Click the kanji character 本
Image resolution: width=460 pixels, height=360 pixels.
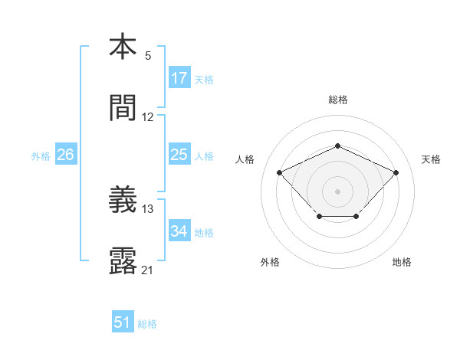tap(123, 47)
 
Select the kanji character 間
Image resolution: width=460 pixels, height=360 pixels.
tap(123, 109)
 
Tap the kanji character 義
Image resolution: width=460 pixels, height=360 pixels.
tap(123, 200)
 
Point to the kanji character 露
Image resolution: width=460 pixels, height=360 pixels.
tap(123, 261)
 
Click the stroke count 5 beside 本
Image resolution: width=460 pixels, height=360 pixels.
tap(147, 56)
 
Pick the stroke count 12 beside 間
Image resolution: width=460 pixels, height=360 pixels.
tap(148, 117)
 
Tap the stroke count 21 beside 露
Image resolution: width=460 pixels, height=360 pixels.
tap(148, 270)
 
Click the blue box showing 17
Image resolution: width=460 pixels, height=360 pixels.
tap(179, 78)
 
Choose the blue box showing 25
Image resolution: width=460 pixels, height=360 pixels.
tap(179, 155)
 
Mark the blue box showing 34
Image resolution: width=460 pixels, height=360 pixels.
tap(179, 231)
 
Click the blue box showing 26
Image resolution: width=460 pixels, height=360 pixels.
tap(65, 155)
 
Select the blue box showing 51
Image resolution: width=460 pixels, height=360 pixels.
tap(123, 322)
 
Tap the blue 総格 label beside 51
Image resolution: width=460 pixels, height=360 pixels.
tap(147, 324)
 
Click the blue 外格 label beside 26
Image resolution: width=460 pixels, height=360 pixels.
tap(41, 156)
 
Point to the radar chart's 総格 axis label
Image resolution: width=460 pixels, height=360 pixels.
tap(337, 100)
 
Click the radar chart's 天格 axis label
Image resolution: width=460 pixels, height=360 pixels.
tap(431, 159)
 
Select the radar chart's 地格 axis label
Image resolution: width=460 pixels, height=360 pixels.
tap(402, 262)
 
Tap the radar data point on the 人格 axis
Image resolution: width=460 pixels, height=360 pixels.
tap(280, 172)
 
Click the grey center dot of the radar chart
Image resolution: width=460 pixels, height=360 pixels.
tap(337, 190)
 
